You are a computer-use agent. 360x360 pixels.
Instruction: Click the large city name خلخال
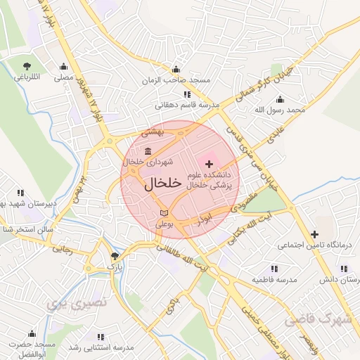[x=163, y=183]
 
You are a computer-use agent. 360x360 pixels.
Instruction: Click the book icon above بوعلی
[x=164, y=212]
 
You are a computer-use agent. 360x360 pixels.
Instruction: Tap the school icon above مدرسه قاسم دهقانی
[x=186, y=94]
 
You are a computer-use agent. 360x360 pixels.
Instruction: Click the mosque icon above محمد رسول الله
[x=280, y=99]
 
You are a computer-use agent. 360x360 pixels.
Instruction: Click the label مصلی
[x=64, y=77]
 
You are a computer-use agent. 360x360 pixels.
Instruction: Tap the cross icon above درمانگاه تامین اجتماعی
[x=314, y=233]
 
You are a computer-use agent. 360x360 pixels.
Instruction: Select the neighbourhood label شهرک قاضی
[x=317, y=320]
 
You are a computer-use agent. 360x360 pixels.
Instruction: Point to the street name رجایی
[x=64, y=248]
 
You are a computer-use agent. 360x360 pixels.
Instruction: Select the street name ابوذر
[x=204, y=219]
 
